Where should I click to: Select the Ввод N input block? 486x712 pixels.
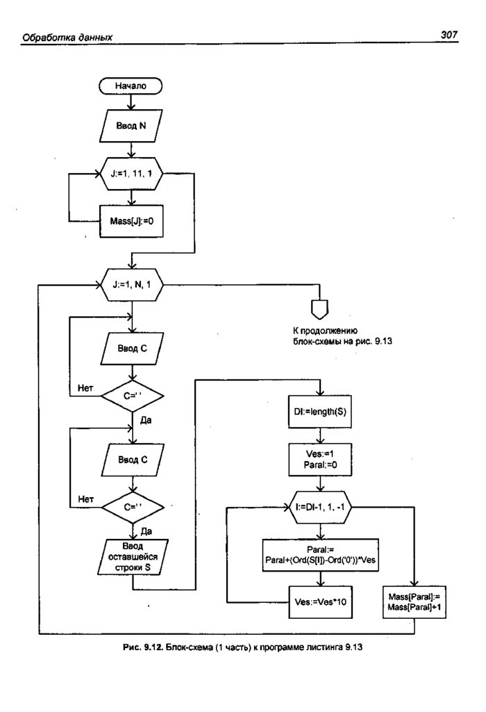click(x=131, y=127)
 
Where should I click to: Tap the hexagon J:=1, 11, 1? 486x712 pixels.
click(x=131, y=175)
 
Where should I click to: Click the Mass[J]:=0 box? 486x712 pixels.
click(x=131, y=221)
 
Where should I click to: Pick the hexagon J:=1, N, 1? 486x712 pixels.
click(x=131, y=284)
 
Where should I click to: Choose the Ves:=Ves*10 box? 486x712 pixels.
click(x=319, y=601)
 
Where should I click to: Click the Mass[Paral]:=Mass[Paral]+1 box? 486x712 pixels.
click(x=414, y=601)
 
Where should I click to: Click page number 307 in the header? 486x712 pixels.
click(x=449, y=36)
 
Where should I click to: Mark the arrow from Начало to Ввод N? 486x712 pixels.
click(x=131, y=102)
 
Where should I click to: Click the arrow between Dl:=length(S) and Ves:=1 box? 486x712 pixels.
click(x=319, y=435)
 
